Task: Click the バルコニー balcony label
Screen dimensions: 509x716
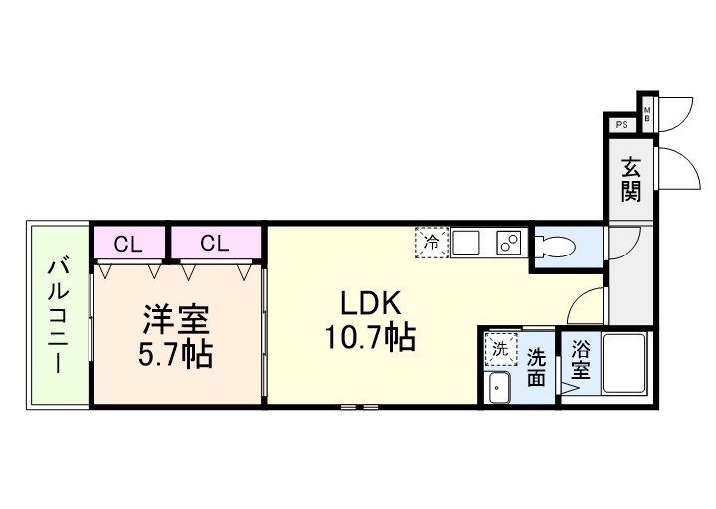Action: click(58, 314)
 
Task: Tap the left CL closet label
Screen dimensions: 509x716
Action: click(127, 243)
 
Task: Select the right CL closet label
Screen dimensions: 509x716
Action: click(215, 243)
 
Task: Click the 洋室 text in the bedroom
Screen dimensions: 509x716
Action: click(175, 320)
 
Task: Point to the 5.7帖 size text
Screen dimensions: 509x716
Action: click(175, 355)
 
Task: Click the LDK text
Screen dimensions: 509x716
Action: click(368, 302)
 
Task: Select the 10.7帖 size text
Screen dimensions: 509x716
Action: click(368, 338)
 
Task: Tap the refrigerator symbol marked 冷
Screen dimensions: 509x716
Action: click(432, 242)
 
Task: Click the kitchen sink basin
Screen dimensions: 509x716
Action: click(468, 242)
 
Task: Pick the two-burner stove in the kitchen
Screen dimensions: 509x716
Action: click(510, 242)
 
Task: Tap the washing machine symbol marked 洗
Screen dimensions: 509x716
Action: click(500, 349)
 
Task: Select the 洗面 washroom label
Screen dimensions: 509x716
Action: click(537, 365)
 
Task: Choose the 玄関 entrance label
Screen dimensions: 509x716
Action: click(630, 178)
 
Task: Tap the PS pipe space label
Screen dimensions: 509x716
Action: click(622, 125)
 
